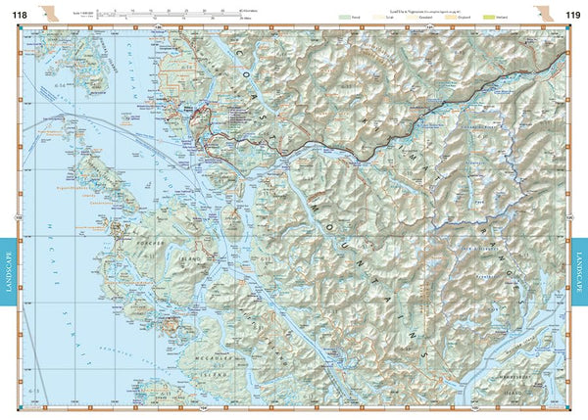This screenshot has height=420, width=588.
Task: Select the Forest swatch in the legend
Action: (x=344, y=18)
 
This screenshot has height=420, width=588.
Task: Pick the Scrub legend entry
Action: (x=385, y=18)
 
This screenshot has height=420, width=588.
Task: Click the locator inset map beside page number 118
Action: (x=50, y=12)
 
